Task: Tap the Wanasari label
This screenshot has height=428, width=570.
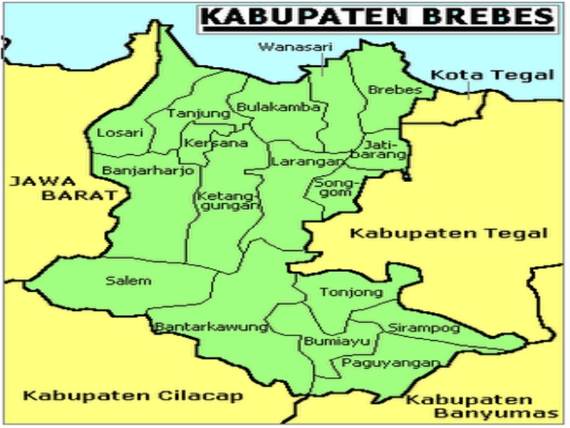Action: tap(286, 47)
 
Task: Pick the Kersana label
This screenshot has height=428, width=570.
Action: tap(205, 143)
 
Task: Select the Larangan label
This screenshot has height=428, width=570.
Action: tap(298, 162)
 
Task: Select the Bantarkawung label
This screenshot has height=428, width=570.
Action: tap(211, 327)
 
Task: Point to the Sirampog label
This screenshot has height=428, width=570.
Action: tap(423, 328)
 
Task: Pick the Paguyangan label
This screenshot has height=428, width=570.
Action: tap(389, 363)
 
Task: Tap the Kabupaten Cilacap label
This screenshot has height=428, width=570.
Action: tap(133, 397)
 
